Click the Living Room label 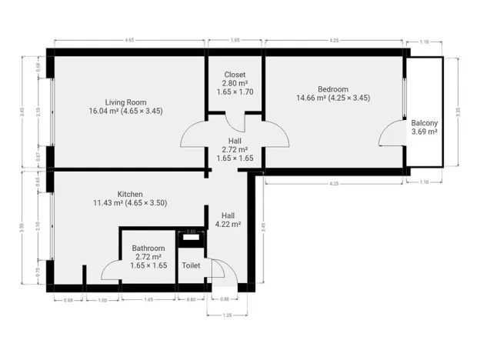point(125,102)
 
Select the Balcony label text point(424,123)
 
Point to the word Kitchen point(130,194)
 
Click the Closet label point(235,75)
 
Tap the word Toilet point(191,265)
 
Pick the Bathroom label point(148,248)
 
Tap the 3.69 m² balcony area point(424,132)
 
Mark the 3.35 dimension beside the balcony point(458,110)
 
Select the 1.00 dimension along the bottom point(102,299)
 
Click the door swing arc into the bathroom point(110,268)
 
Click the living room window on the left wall point(52,110)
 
